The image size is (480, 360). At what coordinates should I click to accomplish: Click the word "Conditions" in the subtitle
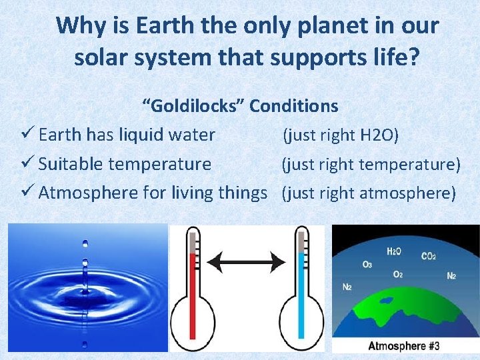click(294, 106)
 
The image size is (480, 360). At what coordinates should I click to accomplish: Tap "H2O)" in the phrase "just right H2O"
click(379, 136)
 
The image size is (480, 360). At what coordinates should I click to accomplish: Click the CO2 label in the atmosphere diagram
click(429, 256)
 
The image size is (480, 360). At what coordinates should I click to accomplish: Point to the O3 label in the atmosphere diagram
click(367, 265)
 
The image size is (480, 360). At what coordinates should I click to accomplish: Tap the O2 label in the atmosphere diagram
click(397, 274)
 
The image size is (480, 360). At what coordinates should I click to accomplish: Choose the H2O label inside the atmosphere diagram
click(394, 251)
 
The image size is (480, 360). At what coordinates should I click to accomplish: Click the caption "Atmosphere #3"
click(404, 345)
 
